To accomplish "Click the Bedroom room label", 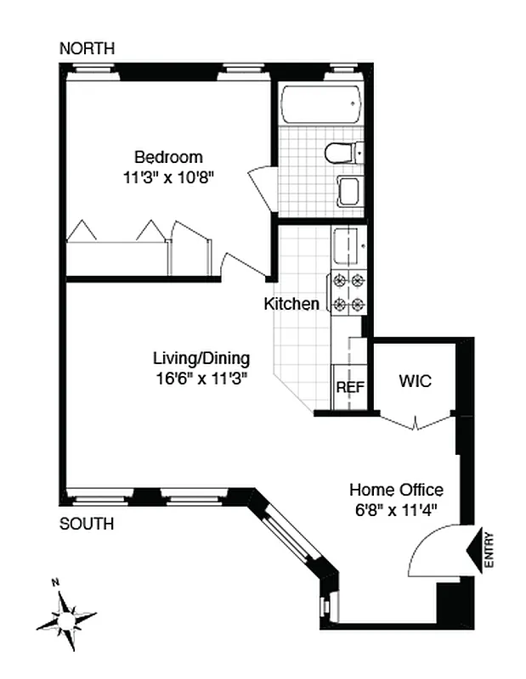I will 168,157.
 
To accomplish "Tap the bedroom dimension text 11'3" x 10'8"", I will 168,178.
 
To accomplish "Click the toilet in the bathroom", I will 342,153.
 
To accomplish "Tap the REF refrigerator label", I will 350,387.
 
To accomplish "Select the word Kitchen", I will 292,304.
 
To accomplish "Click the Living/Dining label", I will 201,357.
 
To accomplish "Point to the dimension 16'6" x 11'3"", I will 201,379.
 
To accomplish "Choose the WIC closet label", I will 416,382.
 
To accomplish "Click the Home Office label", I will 397,490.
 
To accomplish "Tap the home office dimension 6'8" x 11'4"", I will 397,511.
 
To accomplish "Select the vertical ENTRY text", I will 489,549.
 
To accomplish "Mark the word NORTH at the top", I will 87,49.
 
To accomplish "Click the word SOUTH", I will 87,524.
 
